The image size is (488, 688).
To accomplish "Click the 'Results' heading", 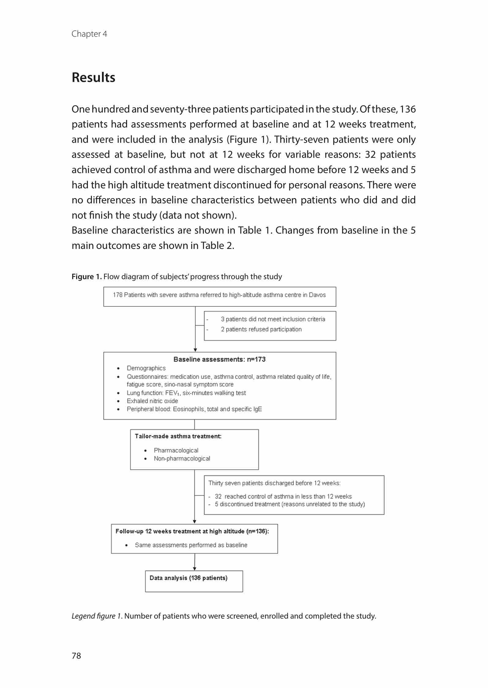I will [x=93, y=77].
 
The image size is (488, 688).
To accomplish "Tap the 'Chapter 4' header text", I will [x=89, y=34].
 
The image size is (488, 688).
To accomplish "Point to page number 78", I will [x=76, y=655].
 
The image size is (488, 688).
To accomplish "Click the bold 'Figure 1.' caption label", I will [x=87, y=277].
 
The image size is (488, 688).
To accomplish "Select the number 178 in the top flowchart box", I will [x=118, y=295].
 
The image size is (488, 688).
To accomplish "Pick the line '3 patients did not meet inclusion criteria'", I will [x=273, y=319].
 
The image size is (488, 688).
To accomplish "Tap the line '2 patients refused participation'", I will [x=261, y=329].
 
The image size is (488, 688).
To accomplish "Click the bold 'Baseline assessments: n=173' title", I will [x=220, y=359].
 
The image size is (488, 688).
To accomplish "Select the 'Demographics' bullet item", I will [x=146, y=368].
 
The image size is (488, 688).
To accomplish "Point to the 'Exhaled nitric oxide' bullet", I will [x=152, y=401].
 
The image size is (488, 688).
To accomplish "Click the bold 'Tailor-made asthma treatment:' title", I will [x=178, y=436].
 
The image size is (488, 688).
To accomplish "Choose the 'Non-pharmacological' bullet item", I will [x=182, y=458].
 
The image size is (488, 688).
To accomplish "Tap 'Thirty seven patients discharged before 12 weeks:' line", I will [x=274, y=483].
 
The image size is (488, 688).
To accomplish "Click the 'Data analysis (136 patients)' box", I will [x=194, y=581].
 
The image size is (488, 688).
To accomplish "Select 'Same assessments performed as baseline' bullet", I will [x=191, y=545].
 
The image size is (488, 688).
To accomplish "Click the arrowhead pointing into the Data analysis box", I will [x=195, y=569].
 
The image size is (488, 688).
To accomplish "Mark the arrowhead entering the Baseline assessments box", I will [x=195, y=350].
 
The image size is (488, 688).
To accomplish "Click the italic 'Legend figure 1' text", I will [x=96, y=616].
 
